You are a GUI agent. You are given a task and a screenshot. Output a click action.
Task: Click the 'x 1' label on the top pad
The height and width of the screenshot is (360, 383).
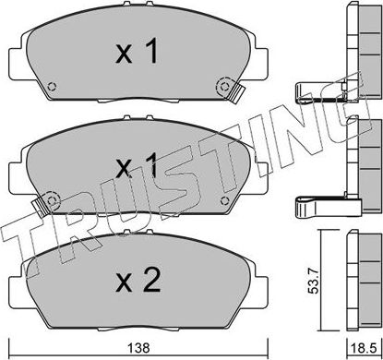[x=136, y=53]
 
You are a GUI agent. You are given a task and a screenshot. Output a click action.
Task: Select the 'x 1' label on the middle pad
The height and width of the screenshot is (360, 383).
[x=136, y=167]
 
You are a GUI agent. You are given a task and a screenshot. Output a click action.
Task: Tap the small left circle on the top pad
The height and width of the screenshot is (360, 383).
[x=53, y=89]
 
